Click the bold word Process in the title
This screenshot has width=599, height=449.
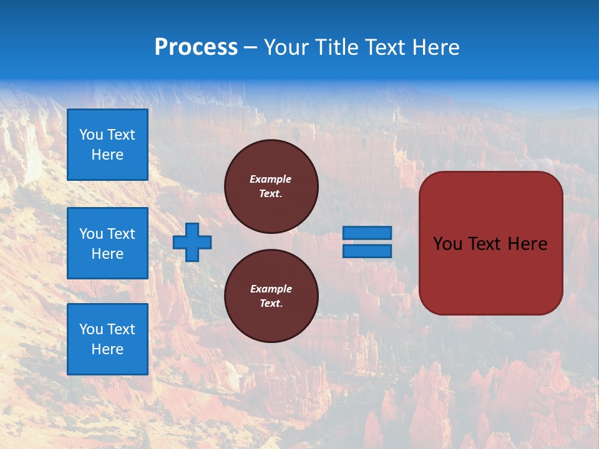[196, 47]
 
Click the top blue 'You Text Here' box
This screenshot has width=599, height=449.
[107, 145]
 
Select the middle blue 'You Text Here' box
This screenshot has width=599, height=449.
[107, 243]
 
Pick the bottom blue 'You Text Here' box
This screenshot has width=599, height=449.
[107, 339]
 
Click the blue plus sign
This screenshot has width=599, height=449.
[192, 242]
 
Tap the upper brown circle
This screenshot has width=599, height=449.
[271, 186]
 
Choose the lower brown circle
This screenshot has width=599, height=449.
[271, 296]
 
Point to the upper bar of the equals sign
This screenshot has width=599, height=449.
[367, 233]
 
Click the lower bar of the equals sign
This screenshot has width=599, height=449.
[367, 251]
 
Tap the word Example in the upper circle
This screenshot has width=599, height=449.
[271, 179]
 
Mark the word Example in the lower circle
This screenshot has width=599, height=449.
[271, 289]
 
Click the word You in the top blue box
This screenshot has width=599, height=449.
[91, 135]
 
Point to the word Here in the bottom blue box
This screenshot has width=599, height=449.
[107, 349]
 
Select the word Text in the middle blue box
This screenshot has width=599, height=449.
[121, 234]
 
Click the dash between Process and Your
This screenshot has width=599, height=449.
[251, 47]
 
